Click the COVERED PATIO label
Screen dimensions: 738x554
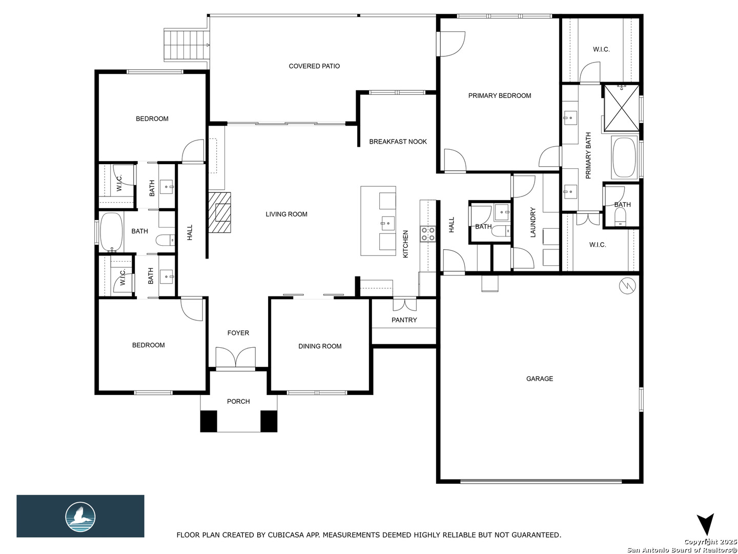coord(314,66)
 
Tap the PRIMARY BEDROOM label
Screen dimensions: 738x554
coord(500,96)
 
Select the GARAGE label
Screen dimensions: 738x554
coord(539,379)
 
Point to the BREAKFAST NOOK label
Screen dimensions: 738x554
coord(398,142)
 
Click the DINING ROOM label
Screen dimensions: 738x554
coord(320,346)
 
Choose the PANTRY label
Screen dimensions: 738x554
coord(404,320)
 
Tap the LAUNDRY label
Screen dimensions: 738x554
coord(533,222)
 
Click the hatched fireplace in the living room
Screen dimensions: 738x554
coord(219,212)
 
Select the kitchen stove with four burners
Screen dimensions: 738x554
coord(428,234)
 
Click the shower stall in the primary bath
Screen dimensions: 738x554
coord(622,108)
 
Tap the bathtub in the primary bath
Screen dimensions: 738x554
coord(624,157)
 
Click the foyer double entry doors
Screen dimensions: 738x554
coord(235,358)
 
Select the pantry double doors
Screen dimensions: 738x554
coord(404,304)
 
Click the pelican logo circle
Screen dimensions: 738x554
coord(80,517)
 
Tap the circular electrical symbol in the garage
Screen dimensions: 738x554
coord(627,286)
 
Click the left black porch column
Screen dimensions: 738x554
coord(209,422)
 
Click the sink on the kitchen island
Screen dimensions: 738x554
coord(387,223)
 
